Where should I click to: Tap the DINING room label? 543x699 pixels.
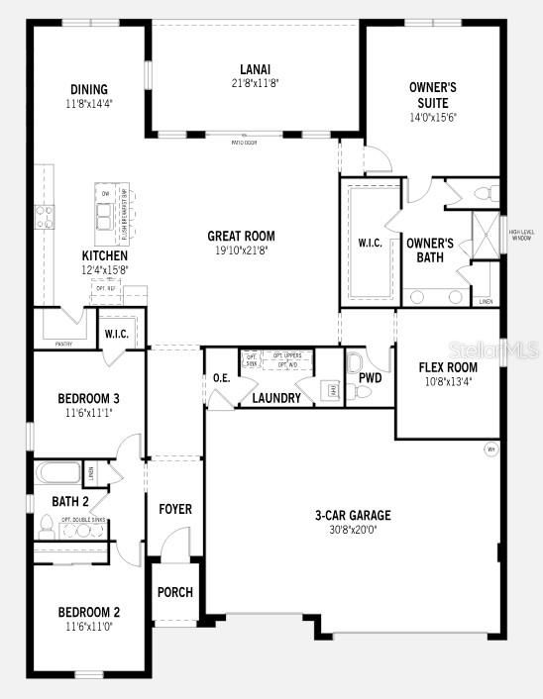point(88,89)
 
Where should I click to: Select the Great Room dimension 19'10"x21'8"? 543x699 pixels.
point(241,250)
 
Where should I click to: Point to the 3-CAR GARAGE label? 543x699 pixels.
point(352,515)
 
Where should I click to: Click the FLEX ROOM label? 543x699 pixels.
point(448,367)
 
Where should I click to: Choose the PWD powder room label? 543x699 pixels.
point(370,378)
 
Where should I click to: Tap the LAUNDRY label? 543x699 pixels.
point(276,398)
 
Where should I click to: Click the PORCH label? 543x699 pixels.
point(175,592)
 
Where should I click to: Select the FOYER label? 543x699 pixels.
point(175,509)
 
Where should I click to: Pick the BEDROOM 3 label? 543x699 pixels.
point(89,398)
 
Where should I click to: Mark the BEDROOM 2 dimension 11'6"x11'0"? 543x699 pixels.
point(89,627)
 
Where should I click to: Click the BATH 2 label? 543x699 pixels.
point(70,501)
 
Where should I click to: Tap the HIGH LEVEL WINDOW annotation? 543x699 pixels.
point(522,236)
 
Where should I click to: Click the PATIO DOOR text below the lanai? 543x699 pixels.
point(245,143)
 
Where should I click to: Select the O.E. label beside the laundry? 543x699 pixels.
point(221,378)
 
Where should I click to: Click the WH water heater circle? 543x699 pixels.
point(489,449)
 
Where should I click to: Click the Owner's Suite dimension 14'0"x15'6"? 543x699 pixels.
point(432,117)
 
